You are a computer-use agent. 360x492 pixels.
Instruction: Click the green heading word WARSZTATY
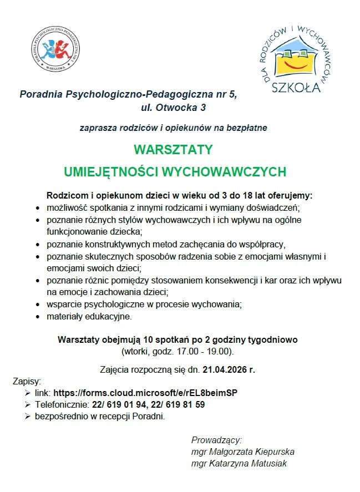[x=173, y=150]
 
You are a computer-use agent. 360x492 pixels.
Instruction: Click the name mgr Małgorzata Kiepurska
[x=242, y=452]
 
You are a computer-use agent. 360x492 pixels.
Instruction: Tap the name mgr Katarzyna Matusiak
[x=239, y=463]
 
